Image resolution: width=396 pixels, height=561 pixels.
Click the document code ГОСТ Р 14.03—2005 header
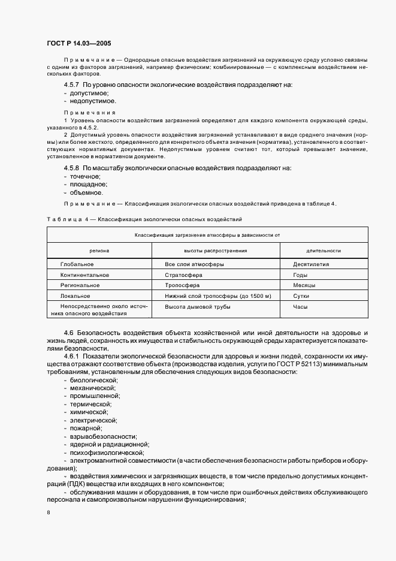[x=78, y=43]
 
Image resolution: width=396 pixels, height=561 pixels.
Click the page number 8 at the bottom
[x=49, y=513]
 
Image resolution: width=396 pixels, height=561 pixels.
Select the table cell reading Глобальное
[x=77, y=264]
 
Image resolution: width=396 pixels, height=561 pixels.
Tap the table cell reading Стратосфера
[x=184, y=275]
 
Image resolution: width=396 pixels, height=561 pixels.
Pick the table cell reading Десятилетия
[x=311, y=264]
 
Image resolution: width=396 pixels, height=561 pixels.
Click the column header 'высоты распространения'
[x=215, y=251]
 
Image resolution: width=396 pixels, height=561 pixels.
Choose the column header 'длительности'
[x=323, y=251]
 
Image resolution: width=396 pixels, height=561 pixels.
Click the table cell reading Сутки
[x=301, y=296]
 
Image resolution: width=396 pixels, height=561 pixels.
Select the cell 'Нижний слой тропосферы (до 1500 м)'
[x=218, y=296]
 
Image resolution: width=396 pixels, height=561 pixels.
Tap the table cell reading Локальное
[x=75, y=296]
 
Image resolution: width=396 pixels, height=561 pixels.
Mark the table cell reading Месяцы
[x=304, y=285]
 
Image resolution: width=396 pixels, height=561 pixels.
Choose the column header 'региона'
[x=99, y=251]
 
